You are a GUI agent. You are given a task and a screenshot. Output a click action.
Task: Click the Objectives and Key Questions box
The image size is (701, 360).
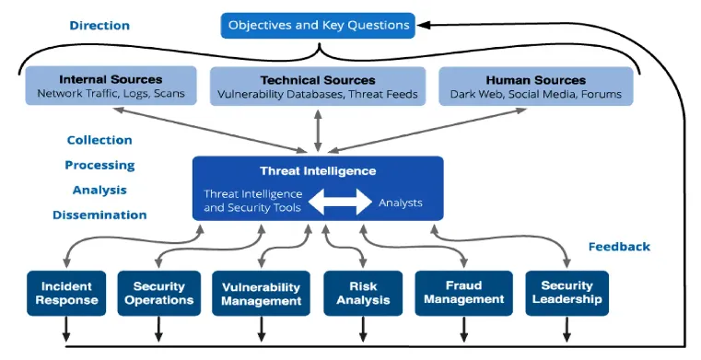click(318, 26)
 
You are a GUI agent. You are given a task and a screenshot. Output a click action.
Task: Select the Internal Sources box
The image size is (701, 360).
click(111, 86)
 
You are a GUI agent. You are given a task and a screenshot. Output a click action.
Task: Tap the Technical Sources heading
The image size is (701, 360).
click(318, 80)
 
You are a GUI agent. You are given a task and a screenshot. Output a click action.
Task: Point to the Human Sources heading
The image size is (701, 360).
click(536, 80)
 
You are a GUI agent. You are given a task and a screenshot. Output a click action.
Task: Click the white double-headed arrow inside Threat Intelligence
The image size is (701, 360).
click(340, 202)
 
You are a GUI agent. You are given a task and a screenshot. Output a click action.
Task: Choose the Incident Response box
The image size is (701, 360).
click(66, 293)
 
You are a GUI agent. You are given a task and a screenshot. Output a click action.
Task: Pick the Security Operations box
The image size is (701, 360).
click(159, 293)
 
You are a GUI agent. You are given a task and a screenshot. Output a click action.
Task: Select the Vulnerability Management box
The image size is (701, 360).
click(261, 293)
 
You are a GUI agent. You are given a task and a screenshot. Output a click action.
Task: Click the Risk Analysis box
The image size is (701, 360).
click(363, 293)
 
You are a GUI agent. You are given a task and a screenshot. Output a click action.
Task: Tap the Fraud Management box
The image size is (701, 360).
click(464, 293)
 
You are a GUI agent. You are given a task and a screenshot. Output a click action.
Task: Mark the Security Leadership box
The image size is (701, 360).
click(567, 293)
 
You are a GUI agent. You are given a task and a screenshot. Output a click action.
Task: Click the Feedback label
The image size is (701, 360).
click(619, 247)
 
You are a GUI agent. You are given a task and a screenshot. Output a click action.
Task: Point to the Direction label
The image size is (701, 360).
click(99, 26)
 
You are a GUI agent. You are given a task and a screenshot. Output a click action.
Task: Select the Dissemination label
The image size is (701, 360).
click(99, 215)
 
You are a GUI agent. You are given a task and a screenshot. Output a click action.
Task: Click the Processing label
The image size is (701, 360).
click(99, 165)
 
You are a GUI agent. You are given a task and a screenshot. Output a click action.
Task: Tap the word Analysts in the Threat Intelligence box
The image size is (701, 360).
click(401, 203)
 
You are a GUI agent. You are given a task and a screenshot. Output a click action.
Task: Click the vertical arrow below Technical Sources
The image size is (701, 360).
click(318, 131)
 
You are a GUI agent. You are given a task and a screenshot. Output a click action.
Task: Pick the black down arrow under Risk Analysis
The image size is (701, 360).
click(363, 330)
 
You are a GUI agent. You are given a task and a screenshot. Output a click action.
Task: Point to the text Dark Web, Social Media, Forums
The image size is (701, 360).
click(536, 94)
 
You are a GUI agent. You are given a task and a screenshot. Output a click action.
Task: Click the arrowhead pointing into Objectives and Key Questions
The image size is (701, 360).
click(423, 26)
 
